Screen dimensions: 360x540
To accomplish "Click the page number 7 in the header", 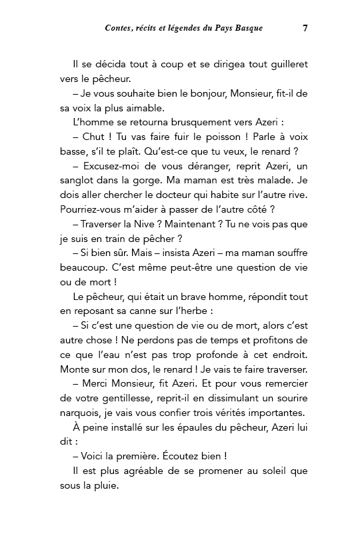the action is pos(305,28).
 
